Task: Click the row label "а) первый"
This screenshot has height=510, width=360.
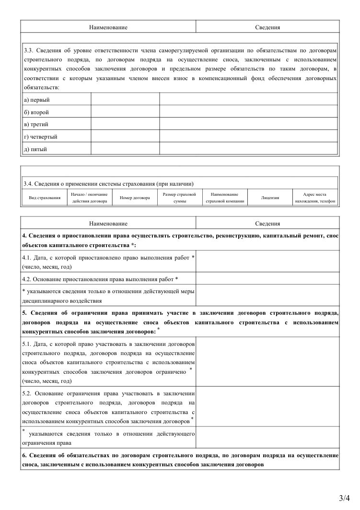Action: coord(37,100)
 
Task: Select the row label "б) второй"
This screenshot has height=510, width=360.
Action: coord(36,112)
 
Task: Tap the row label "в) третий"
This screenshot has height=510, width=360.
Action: coord(36,125)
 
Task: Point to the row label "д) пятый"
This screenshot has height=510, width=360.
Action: coord(35,149)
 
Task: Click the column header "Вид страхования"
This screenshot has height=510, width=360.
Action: coord(45,198)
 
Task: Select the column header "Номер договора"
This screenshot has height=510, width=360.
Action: coord(135,198)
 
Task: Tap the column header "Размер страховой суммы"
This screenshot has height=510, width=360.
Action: coord(179,198)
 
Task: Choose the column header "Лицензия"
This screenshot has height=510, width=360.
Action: coord(270,198)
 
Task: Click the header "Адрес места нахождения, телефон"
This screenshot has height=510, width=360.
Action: coord(315,198)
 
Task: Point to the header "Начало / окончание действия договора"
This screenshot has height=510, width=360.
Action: coord(90,198)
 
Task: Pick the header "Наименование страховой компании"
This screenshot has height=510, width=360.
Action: coord(225,198)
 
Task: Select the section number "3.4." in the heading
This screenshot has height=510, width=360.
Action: coord(29,183)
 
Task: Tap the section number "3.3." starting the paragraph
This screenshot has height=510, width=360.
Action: coord(30,50)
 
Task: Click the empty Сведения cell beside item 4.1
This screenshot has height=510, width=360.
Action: coord(267,261)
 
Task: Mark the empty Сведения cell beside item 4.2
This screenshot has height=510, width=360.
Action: coord(267,279)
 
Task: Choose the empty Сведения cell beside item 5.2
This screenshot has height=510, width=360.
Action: coord(267,406)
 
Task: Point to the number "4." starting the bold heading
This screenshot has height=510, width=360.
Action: coord(25,236)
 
